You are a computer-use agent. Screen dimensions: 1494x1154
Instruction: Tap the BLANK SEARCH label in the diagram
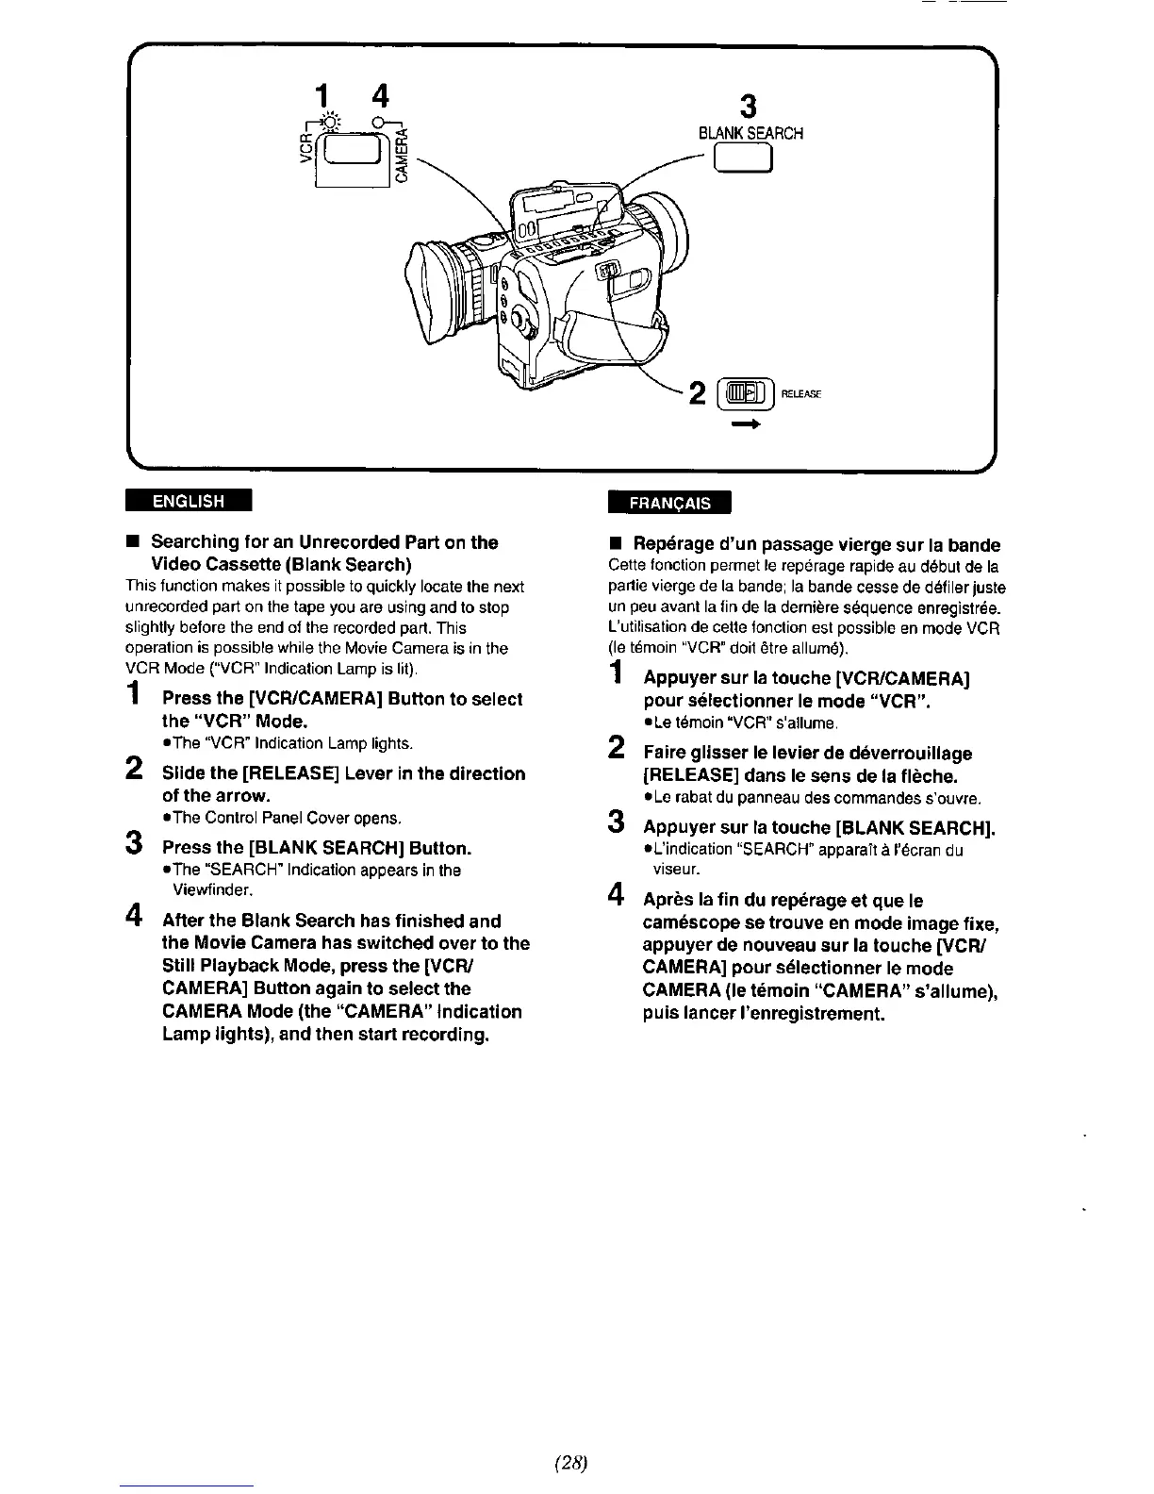point(750,133)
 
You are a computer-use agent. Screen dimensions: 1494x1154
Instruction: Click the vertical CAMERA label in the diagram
point(403,158)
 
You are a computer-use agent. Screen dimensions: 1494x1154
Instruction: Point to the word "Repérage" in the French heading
point(671,545)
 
